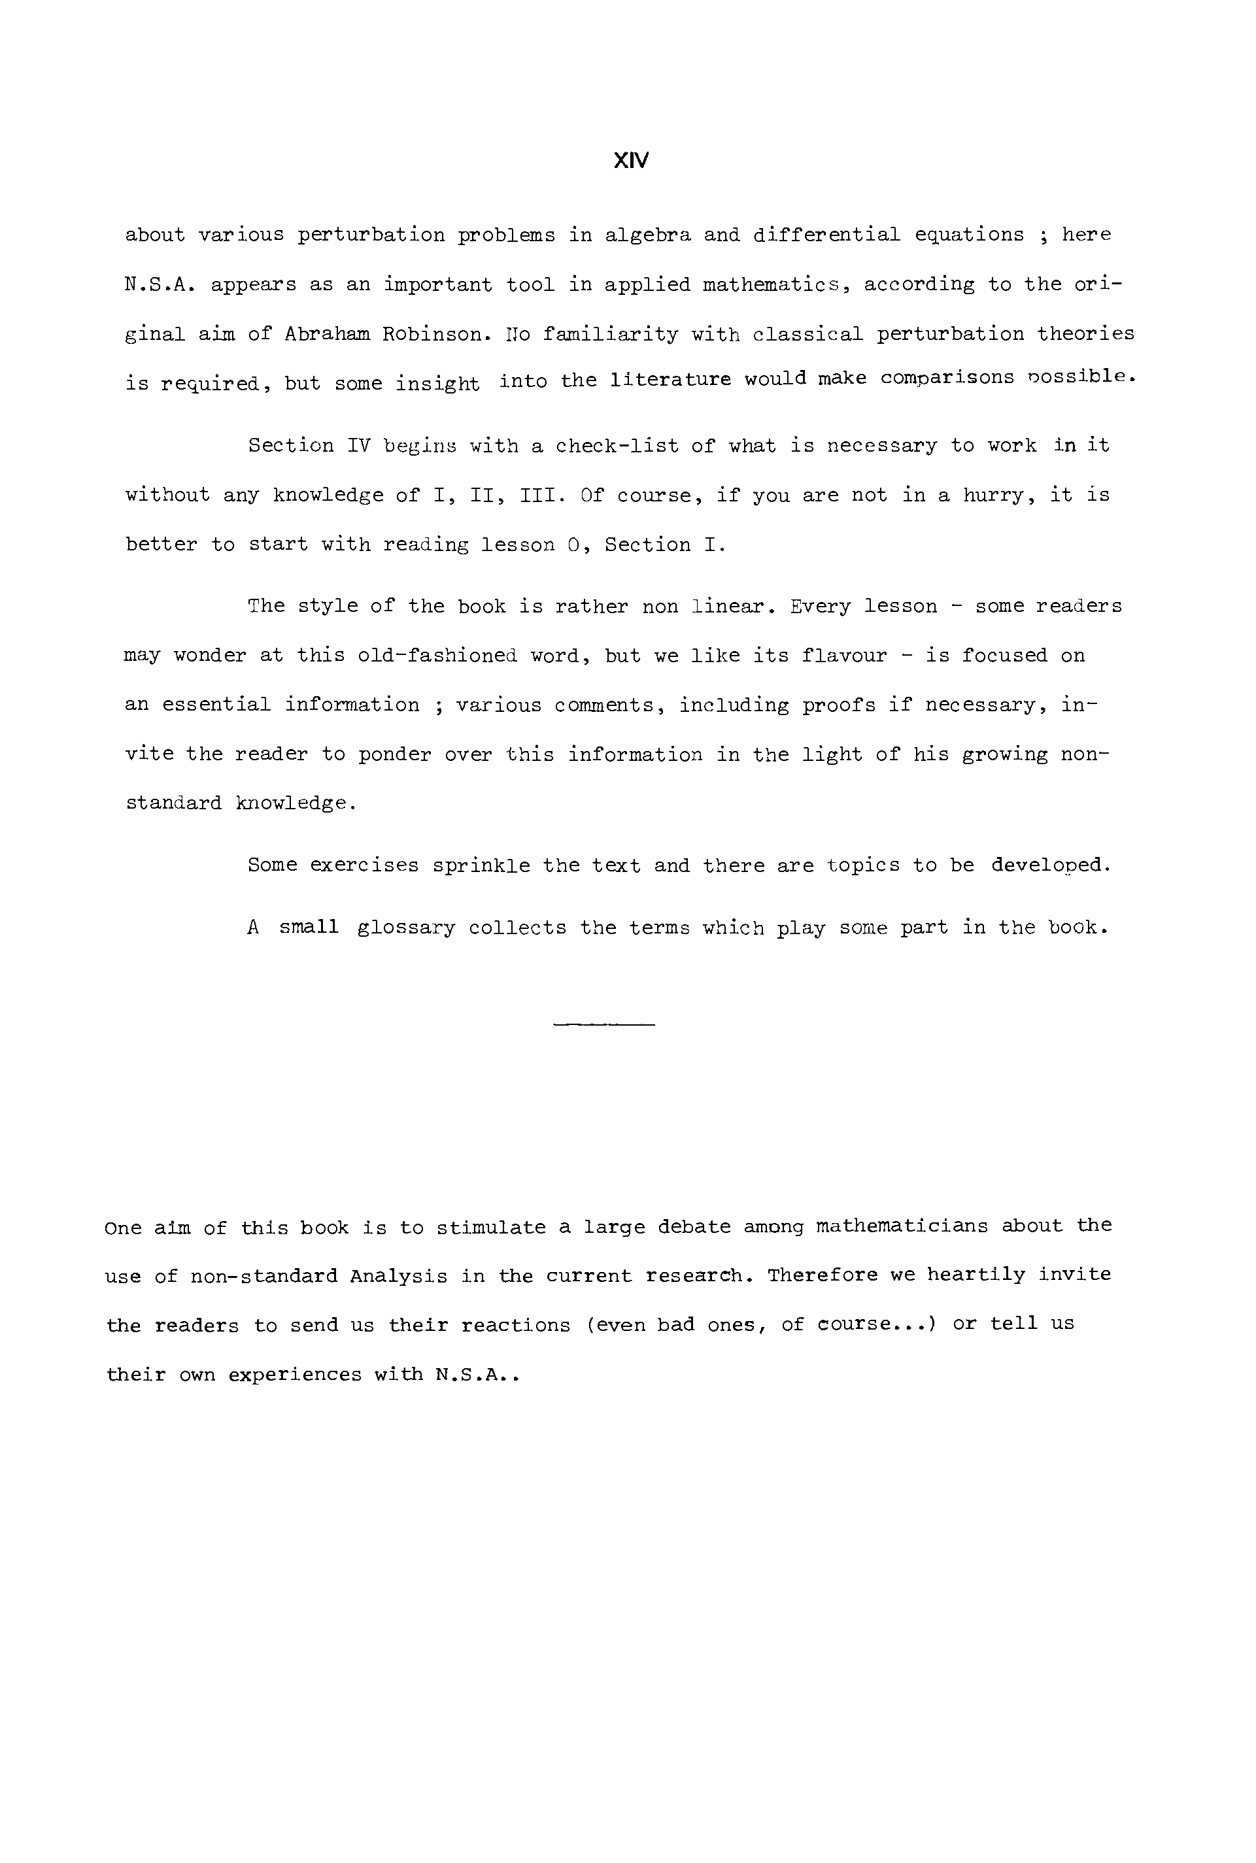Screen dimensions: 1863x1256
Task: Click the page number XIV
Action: pyautogui.click(x=630, y=161)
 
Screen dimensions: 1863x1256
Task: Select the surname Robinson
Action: pyautogui.click(x=437, y=334)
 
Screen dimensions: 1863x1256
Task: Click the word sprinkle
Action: pyautogui.click(x=481, y=866)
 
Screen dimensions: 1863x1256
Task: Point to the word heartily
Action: pyautogui.click(x=976, y=1275)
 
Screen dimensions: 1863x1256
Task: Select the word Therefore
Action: pyautogui.click(x=823, y=1275)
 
